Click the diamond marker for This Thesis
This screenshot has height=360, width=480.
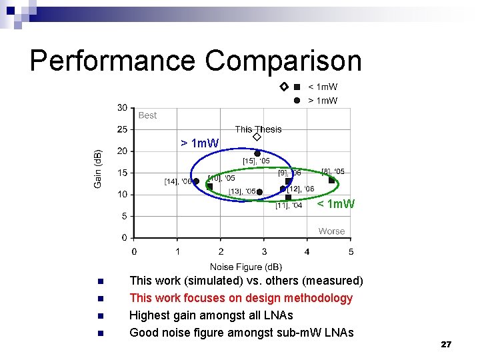(x=257, y=137)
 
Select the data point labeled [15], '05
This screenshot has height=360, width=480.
(x=257, y=153)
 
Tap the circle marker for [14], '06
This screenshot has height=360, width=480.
(x=196, y=181)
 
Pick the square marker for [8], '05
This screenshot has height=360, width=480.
(x=331, y=180)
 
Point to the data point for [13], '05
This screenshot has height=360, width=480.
(x=259, y=192)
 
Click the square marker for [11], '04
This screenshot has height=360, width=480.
(x=288, y=197)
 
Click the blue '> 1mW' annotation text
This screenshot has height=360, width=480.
(x=199, y=143)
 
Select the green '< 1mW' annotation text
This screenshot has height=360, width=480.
(x=336, y=203)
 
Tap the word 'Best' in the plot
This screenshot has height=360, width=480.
(x=147, y=115)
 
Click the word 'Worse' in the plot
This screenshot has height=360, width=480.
(x=331, y=231)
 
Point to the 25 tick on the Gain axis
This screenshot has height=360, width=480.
(x=122, y=129)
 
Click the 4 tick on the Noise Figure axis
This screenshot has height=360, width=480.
(x=307, y=251)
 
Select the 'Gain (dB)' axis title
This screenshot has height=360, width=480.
(x=98, y=168)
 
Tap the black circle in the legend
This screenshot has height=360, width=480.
(x=297, y=101)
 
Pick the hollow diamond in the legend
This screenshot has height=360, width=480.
(x=283, y=87)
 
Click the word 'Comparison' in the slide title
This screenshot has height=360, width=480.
(x=283, y=61)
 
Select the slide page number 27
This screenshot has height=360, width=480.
(x=446, y=345)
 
